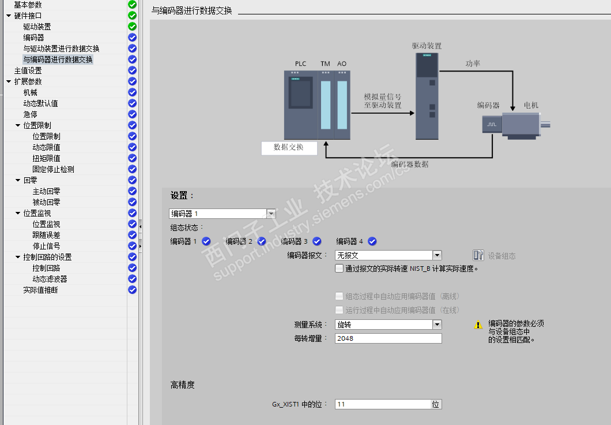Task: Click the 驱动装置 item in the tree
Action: (37, 27)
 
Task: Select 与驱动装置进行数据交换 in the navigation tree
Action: (61, 49)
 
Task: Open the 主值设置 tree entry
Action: (28, 70)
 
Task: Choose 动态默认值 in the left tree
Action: (40, 103)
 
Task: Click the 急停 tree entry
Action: (31, 114)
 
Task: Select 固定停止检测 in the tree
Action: (53, 169)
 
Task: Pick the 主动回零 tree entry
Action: (46, 191)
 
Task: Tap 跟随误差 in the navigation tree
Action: (46, 235)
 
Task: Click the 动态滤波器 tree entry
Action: (50, 279)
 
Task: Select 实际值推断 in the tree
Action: (40, 290)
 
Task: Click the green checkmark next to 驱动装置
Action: (133, 27)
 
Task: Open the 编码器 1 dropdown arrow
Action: (271, 214)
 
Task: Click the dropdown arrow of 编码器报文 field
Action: (437, 255)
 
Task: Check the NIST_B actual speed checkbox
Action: (339, 269)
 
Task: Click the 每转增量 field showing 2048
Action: (388, 338)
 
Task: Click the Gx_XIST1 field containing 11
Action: (383, 404)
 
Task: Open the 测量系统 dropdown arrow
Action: (437, 325)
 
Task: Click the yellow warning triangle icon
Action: (478, 325)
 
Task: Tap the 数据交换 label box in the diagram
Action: (289, 147)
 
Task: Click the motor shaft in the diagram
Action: (545, 125)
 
